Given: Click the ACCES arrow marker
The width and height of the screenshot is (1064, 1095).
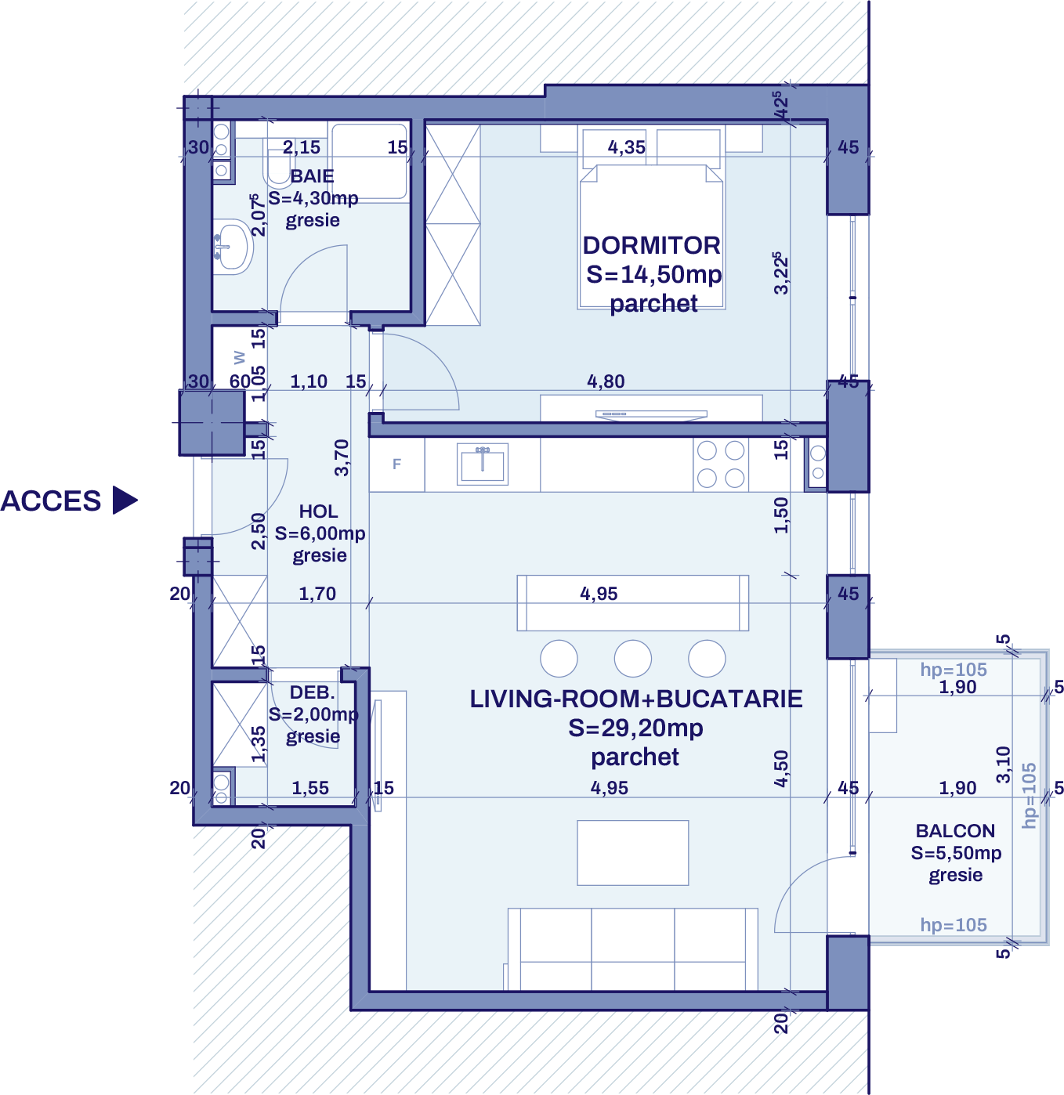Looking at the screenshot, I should point(125,501).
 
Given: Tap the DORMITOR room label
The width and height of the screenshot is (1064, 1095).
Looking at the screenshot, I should point(651,246).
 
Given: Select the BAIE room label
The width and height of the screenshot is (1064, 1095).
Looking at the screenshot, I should point(312,176).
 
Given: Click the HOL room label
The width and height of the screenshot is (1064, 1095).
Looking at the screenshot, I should point(318,511).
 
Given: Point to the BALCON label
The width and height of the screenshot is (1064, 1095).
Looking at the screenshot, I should point(955,831).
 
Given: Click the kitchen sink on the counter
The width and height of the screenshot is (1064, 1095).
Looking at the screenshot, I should point(483,464).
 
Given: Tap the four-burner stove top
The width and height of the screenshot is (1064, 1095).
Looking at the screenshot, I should point(721,464).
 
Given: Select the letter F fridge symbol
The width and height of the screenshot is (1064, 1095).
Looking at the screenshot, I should point(396,464).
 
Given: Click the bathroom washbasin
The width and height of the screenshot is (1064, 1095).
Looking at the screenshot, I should point(232,247).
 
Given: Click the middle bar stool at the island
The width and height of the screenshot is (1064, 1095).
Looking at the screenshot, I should point(633,658).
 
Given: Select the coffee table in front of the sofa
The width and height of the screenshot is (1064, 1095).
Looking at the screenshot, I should point(633,853).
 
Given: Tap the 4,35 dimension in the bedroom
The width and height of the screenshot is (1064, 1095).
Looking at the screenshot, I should point(627,147).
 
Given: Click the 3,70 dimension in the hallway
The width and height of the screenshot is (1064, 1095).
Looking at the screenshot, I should point(342,457).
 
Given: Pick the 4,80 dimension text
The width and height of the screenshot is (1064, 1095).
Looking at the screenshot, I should point(606,381).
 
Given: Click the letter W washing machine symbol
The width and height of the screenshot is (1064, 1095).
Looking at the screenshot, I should point(240,358).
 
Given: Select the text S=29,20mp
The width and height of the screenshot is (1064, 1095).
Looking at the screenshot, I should point(635,728).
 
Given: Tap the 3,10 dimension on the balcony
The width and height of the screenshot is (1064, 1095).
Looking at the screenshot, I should point(1003,764).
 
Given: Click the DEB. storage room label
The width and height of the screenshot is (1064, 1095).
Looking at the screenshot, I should point(312,692).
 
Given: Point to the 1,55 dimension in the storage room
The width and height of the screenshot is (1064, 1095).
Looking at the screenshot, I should point(310,788).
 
